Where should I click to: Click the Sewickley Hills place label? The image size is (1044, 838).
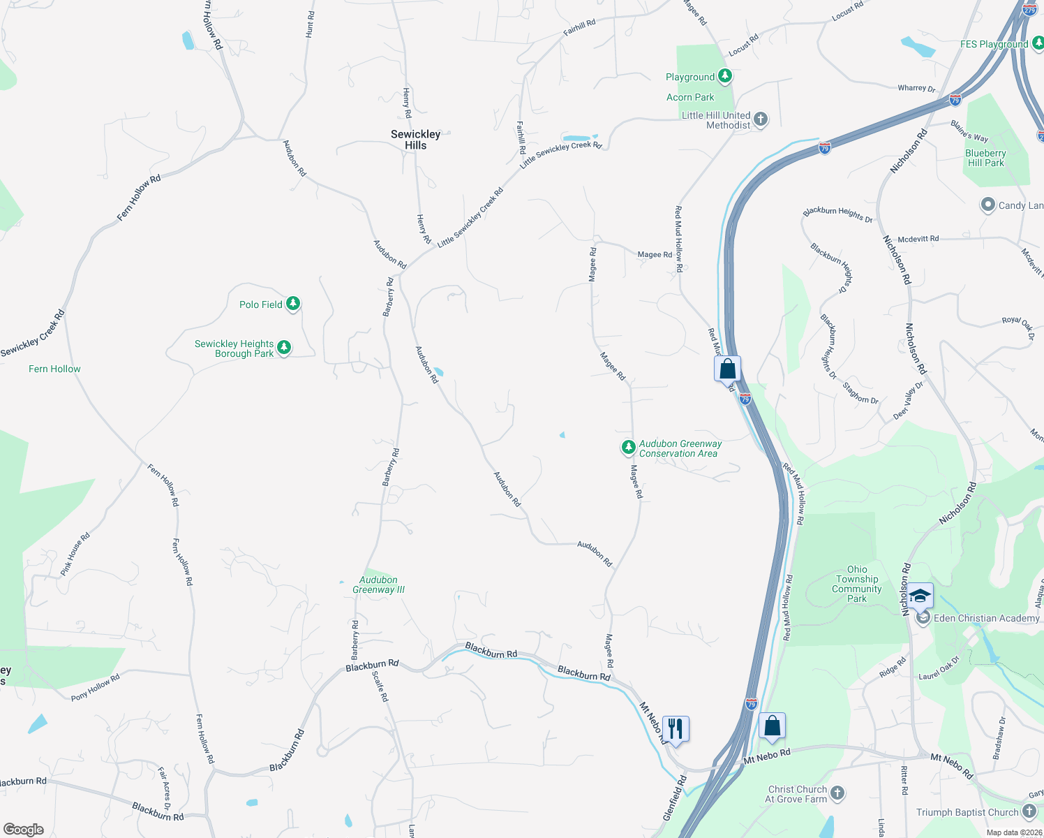click(415, 140)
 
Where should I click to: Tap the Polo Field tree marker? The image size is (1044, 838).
click(293, 304)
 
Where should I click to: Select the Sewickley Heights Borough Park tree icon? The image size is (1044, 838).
click(283, 347)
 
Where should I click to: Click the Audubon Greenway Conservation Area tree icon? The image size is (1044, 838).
click(628, 447)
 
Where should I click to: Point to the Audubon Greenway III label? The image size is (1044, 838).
click(378, 585)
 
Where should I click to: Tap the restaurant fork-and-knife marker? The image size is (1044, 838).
click(675, 729)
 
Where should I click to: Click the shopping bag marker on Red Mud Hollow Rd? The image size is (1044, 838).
click(727, 368)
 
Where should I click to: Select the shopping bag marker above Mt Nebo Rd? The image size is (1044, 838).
click(772, 726)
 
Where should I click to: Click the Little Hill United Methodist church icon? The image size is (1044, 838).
click(761, 119)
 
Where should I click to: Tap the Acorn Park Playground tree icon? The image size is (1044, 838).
click(725, 76)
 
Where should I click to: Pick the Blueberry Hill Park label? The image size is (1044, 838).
click(985, 158)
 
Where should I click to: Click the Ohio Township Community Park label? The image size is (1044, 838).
click(857, 584)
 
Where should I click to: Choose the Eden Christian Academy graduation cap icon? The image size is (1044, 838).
click(920, 596)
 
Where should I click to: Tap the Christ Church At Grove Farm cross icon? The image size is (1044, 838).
click(837, 793)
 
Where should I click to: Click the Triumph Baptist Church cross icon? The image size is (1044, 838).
click(1029, 811)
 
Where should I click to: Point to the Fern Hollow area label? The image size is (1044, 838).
click(54, 369)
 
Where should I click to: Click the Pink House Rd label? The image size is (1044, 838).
click(75, 554)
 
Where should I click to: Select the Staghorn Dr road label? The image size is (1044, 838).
click(860, 392)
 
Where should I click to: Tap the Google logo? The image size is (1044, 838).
click(24, 830)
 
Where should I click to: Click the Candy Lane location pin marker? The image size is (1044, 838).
click(987, 205)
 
